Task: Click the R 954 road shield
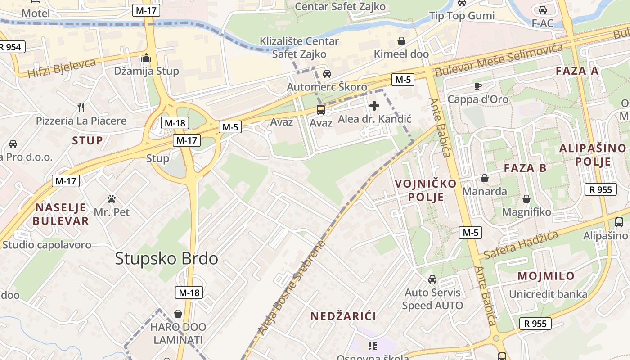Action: (11, 47)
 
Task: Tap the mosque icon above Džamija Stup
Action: (146, 58)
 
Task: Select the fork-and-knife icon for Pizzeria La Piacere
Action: (81, 107)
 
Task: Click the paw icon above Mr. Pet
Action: (112, 198)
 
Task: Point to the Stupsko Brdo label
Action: (166, 258)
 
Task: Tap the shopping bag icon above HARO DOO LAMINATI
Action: (178, 313)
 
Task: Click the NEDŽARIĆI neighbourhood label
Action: (343, 316)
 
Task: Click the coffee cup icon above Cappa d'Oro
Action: (477, 86)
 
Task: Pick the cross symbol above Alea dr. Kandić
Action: (374, 106)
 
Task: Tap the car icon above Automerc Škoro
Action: (327, 74)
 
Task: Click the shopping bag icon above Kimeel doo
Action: (401, 41)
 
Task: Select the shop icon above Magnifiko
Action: (526, 199)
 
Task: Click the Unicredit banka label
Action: (548, 294)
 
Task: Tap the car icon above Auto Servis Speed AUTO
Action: (432, 279)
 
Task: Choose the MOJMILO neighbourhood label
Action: (546, 276)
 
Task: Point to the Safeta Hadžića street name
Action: (521, 245)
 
